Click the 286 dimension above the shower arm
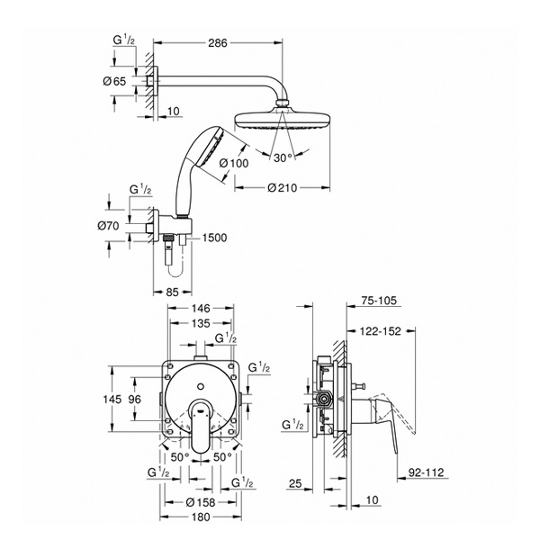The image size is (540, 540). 218,43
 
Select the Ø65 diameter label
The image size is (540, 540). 114,82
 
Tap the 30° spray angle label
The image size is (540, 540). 283,158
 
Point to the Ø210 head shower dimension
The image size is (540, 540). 282,188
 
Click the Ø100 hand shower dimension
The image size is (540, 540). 234,163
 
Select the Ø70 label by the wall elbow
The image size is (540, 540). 108,226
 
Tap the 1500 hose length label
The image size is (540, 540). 214,238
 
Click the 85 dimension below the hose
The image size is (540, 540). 172,292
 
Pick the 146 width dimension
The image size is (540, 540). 201,308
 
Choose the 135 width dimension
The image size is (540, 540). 201,323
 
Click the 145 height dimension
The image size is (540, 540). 112,399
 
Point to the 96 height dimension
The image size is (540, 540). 135,399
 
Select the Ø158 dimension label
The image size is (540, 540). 201,502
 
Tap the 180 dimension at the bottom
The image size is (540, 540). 201,517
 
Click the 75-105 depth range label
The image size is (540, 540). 379,301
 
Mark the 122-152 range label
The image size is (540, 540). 380,331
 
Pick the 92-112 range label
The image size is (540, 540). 427,472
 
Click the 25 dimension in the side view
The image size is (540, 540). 295,483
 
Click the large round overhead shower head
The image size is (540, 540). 283,120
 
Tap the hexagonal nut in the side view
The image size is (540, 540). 323,400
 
